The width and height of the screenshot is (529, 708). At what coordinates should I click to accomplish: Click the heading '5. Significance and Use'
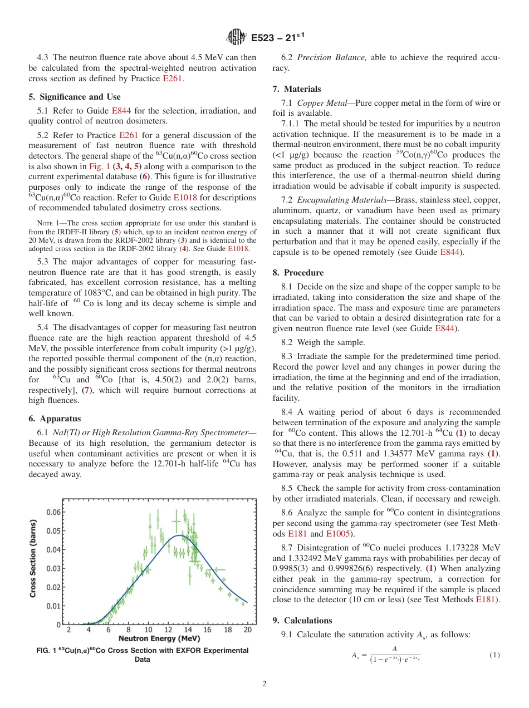point(74,97)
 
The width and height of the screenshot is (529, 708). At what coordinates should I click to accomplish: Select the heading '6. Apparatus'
point(55,419)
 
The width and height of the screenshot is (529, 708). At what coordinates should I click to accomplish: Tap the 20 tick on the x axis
point(248,630)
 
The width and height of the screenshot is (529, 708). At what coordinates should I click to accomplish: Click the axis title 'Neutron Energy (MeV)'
point(159,638)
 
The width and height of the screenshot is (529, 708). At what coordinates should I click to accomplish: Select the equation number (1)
point(494,655)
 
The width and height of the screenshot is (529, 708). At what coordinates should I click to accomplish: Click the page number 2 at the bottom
point(264,684)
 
